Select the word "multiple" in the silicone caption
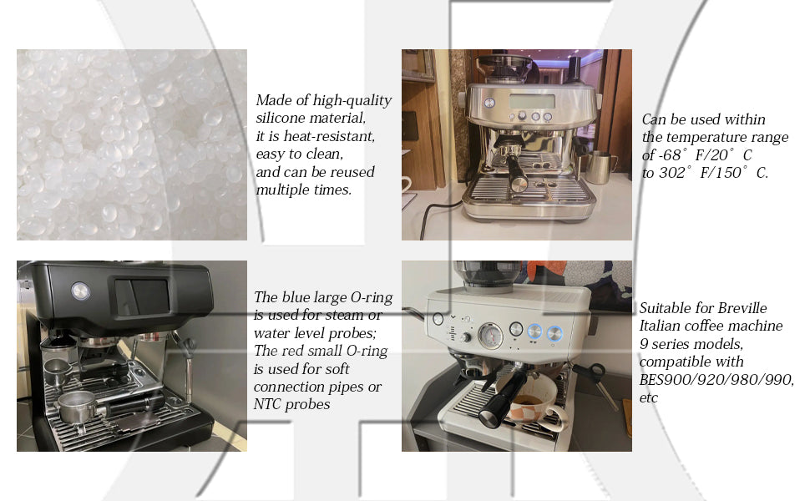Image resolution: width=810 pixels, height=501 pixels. [x=282, y=190]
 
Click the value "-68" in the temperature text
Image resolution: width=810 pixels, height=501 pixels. [x=670, y=155]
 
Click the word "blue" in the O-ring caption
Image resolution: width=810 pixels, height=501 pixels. [x=295, y=297]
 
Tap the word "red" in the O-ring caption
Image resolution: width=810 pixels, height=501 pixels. [x=292, y=351]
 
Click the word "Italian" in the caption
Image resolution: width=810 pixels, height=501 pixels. [x=658, y=326]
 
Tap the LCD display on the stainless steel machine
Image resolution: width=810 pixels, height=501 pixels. [x=532, y=101]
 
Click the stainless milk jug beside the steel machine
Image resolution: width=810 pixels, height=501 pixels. [x=601, y=167]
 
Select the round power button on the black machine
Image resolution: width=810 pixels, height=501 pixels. [x=81, y=291]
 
